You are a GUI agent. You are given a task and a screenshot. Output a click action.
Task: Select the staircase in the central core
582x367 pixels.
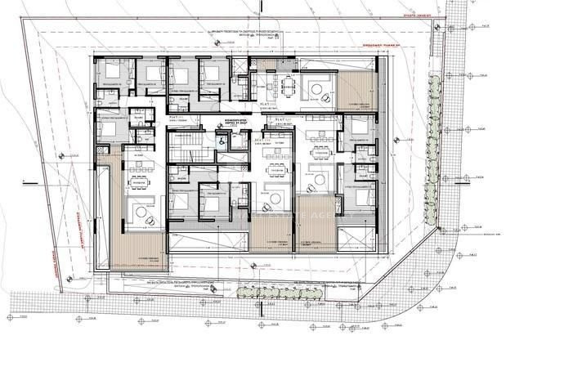coord(186,150)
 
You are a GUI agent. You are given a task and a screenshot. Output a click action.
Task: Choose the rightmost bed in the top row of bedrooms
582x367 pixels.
coord(211,74)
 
